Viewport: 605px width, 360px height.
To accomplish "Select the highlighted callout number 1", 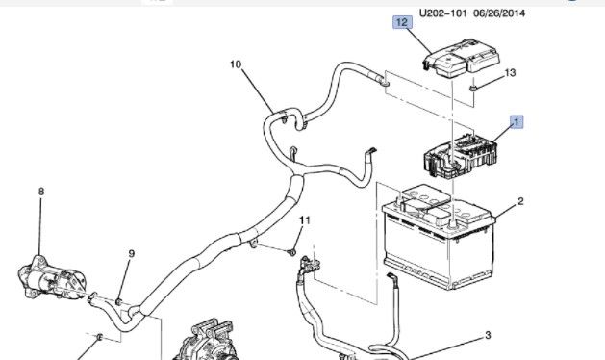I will [517, 121].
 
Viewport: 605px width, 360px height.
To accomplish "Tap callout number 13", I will [511, 73].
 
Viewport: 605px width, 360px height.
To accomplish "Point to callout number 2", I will [520, 201].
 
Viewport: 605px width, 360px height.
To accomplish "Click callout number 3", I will [487, 335].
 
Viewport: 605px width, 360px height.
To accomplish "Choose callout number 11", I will [304, 222].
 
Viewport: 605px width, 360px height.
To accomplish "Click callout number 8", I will [41, 193].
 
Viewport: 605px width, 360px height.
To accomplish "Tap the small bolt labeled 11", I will [291, 251].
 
